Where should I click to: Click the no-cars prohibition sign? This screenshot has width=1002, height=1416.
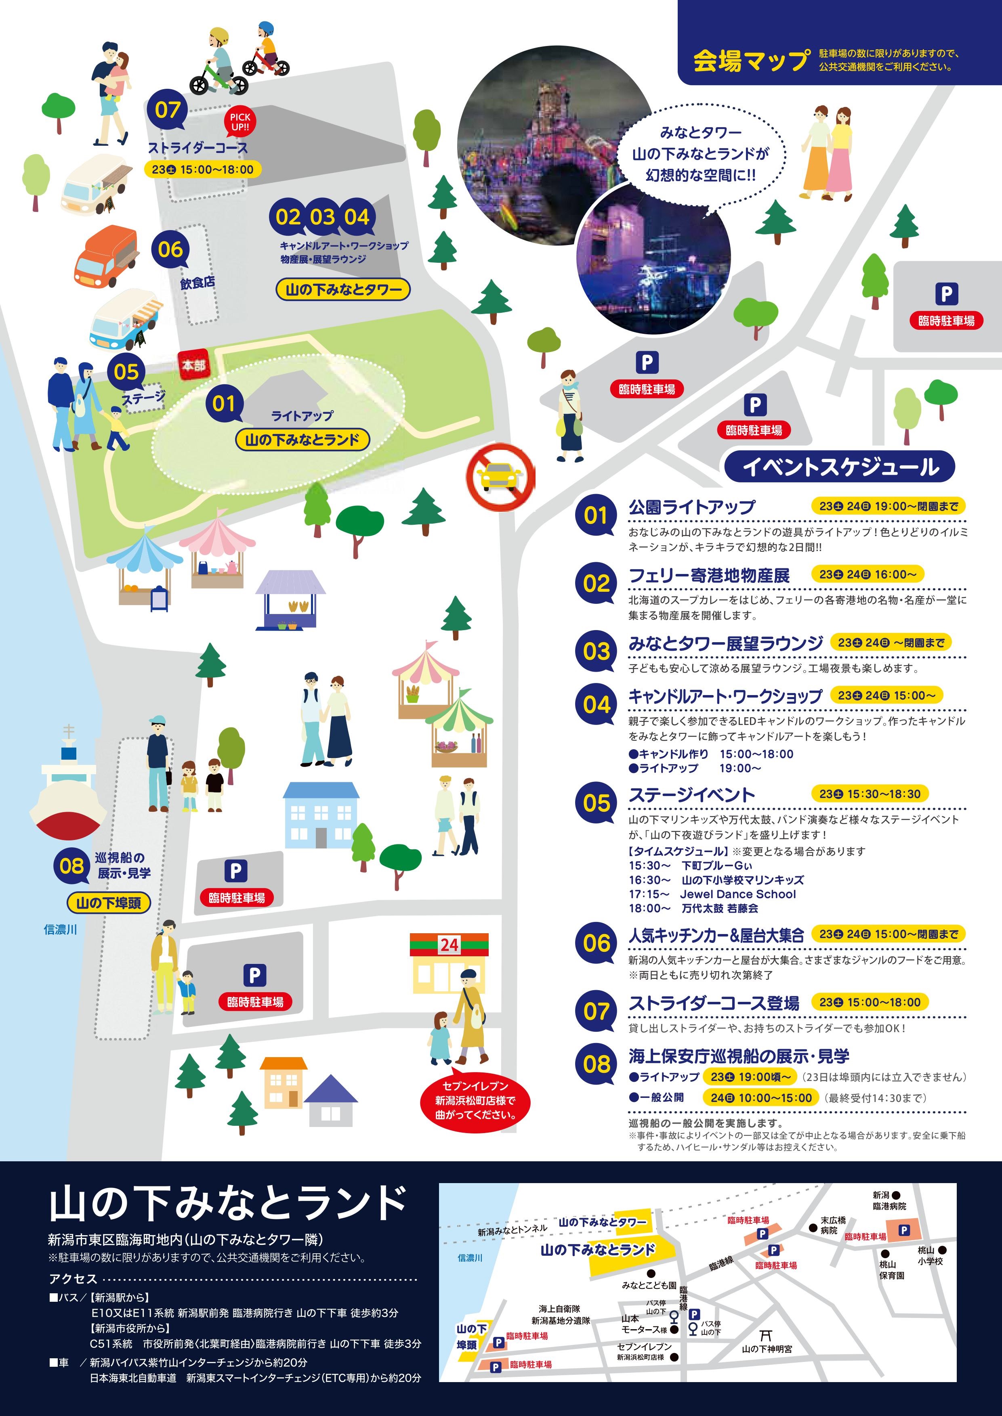click(500, 476)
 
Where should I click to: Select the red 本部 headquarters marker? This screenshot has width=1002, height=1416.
click(193, 365)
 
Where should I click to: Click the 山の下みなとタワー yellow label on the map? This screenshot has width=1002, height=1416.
click(343, 289)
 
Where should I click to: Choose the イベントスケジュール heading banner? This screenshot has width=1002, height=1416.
click(840, 466)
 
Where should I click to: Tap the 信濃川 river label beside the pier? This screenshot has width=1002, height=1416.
click(61, 930)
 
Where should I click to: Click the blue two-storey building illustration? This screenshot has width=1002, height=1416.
click(320, 815)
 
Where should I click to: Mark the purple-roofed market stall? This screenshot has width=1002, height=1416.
click(290, 598)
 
